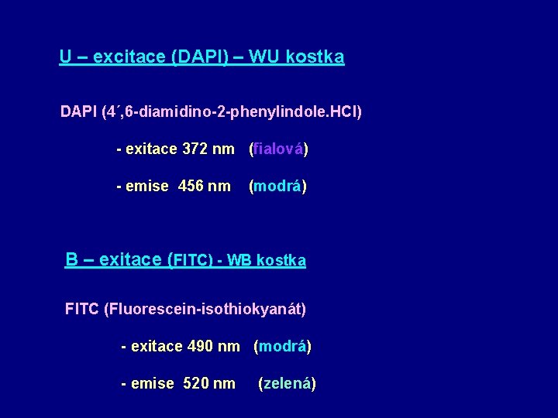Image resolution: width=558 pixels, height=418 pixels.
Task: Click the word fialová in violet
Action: (278, 149)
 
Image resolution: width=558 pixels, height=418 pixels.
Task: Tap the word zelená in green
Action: (287, 383)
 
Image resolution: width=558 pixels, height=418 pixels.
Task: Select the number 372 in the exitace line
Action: (194, 149)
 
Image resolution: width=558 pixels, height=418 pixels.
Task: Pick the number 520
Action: (197, 383)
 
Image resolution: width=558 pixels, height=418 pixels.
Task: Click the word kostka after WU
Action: (315, 57)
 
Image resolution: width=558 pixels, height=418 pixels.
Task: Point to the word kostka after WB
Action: (281, 261)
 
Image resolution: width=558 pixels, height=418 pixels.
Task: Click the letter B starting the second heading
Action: (71, 260)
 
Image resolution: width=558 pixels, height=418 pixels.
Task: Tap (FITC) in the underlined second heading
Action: (190, 261)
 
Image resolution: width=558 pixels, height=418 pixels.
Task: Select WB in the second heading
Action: (239, 261)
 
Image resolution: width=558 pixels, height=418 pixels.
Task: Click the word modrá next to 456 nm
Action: (277, 186)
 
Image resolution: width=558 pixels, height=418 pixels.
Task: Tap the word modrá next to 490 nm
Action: (282, 346)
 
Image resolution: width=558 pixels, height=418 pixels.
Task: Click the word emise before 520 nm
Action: (152, 383)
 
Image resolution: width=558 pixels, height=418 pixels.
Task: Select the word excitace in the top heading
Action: (120, 57)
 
